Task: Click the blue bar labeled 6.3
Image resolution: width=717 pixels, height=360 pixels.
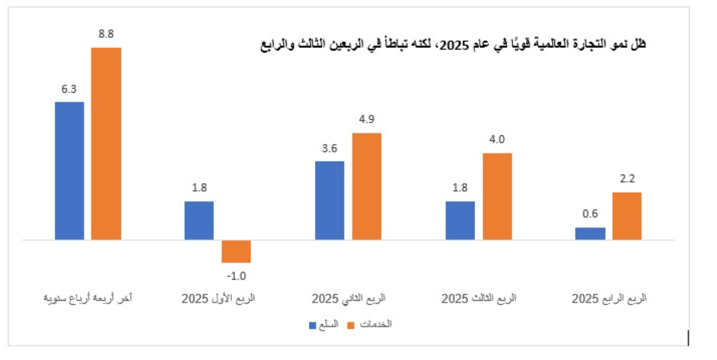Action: [69, 170]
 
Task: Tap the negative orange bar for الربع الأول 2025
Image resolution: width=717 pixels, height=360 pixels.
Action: [236, 251]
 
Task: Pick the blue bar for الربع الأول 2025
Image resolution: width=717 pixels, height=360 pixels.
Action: [199, 220]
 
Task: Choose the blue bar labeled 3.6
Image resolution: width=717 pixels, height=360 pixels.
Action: [329, 200]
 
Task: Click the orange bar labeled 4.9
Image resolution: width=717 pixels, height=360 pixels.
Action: [367, 186]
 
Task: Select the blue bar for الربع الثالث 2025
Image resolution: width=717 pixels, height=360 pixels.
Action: [460, 220]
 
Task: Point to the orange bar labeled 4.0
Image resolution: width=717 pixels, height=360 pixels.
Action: [497, 196]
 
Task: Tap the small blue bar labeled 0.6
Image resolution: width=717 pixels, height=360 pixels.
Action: [590, 233]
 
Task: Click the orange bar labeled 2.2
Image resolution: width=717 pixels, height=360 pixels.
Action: [627, 215]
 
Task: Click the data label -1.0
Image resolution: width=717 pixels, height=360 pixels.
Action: [236, 276]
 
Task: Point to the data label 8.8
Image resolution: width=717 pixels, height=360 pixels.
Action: [106, 35]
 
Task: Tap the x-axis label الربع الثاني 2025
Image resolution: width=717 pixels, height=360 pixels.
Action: [348, 299]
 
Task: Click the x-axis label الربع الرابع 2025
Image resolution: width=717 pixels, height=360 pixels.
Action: [609, 299]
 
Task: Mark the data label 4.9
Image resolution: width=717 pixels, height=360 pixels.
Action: [367, 120]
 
